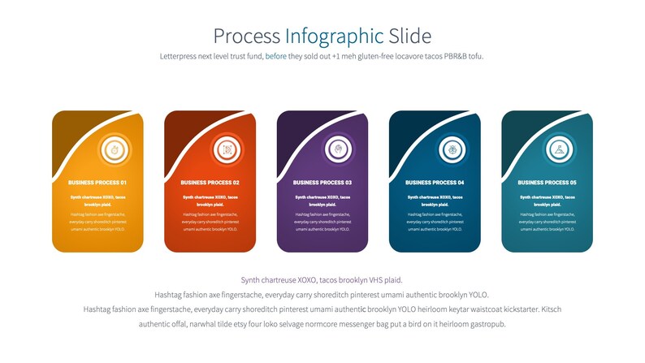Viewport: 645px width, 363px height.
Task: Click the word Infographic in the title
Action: click(x=334, y=36)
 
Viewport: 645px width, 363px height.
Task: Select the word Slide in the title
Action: click(x=409, y=36)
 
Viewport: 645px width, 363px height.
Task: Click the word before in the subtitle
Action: click(x=276, y=56)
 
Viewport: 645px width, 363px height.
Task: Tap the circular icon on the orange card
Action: click(x=116, y=149)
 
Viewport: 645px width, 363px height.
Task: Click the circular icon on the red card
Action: click(x=228, y=149)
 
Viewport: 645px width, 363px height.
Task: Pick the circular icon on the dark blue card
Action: click(x=452, y=149)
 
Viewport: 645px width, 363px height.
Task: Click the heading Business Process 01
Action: click(x=97, y=183)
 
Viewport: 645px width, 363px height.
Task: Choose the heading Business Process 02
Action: click(x=210, y=183)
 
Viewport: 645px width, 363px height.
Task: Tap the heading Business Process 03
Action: click(x=322, y=183)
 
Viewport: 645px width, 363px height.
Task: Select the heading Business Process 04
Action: click(x=435, y=183)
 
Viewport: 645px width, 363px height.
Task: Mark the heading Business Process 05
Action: click(x=547, y=183)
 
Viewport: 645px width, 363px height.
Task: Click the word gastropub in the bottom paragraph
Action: click(x=484, y=324)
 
